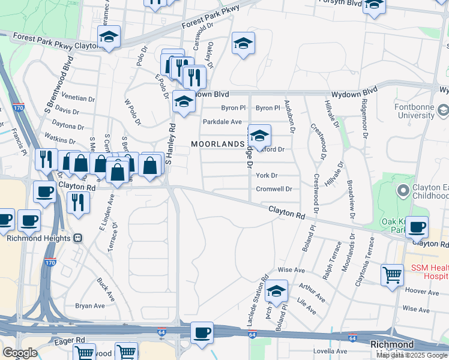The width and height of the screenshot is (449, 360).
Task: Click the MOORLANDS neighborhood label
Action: pyautogui.click(x=218, y=144)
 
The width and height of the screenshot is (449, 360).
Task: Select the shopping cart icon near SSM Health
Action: pyautogui.click(x=392, y=275)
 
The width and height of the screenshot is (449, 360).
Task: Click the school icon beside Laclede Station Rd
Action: pyautogui.click(x=276, y=291)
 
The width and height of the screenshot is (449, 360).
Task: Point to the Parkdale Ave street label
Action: pyautogui.click(x=222, y=122)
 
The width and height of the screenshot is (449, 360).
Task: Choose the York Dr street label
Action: pyautogui.click(x=267, y=176)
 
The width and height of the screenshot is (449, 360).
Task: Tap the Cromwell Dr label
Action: pyautogui.click(x=274, y=189)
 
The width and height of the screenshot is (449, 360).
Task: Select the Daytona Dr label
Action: pyautogui.click(x=68, y=127)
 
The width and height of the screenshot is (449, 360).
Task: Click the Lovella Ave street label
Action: pyautogui.click(x=330, y=351)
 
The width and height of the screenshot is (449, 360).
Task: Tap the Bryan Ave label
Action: pyautogui.click(x=90, y=306)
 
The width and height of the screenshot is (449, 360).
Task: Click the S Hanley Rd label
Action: pyautogui.click(x=170, y=145)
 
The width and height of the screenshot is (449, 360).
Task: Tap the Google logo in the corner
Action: pyautogui.click(x=20, y=352)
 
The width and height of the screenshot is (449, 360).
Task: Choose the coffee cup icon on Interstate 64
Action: pyautogui.click(x=202, y=332)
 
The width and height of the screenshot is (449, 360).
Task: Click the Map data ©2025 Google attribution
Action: pyautogui.click(x=412, y=355)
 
